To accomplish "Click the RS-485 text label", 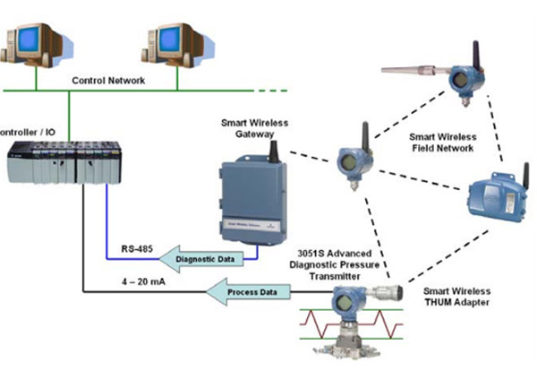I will (135, 248).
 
